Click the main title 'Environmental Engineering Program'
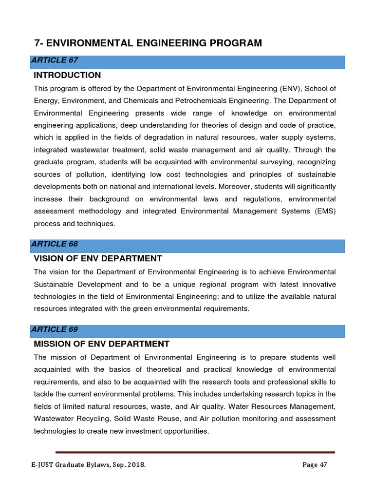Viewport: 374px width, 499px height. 148,43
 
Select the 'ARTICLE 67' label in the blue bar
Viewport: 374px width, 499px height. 55,60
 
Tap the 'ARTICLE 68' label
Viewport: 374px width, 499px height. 55,244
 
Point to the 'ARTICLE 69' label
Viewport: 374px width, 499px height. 55,329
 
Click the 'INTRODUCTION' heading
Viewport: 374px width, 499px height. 67,75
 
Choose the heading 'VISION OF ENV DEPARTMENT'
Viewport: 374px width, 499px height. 97,258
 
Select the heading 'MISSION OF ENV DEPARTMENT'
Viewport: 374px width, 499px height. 101,344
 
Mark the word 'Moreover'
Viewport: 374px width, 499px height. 234,187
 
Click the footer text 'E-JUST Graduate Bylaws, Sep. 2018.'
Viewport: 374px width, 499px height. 86,465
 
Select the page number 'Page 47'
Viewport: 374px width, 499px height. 314,465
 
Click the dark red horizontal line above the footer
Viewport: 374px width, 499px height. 195,452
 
